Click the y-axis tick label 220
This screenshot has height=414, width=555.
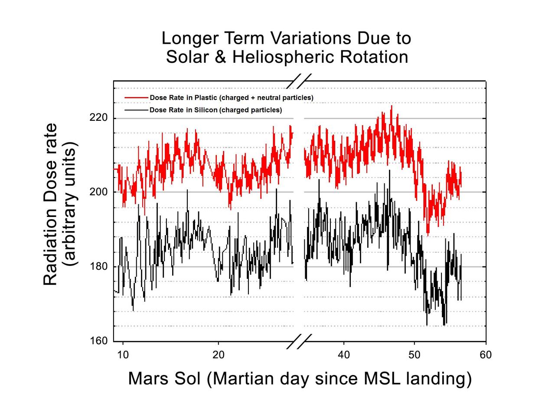pyautogui.click(x=99, y=118)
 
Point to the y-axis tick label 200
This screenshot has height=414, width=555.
pyautogui.click(x=99, y=192)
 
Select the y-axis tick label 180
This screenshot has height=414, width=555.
pyautogui.click(x=99, y=266)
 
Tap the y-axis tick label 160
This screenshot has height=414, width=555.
pyautogui.click(x=99, y=341)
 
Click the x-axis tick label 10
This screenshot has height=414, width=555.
pyautogui.click(x=123, y=355)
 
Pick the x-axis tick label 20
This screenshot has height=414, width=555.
pyautogui.click(x=218, y=355)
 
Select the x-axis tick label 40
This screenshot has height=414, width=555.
pyautogui.click(x=344, y=355)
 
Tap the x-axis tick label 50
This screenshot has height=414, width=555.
pyautogui.click(x=415, y=355)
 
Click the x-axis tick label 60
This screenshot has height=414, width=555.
pyautogui.click(x=486, y=355)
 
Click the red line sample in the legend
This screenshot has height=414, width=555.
pyautogui.click(x=136, y=98)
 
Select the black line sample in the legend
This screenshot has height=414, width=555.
pyautogui.click(x=136, y=110)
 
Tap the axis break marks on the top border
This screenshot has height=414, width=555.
pyautogui.click(x=300, y=81)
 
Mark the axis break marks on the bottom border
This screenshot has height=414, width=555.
pyautogui.click(x=300, y=341)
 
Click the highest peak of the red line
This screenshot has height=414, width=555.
pyautogui.click(x=392, y=106)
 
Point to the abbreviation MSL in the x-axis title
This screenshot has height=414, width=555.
pyautogui.click(x=382, y=378)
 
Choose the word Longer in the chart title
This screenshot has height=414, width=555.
pyautogui.click(x=191, y=38)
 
